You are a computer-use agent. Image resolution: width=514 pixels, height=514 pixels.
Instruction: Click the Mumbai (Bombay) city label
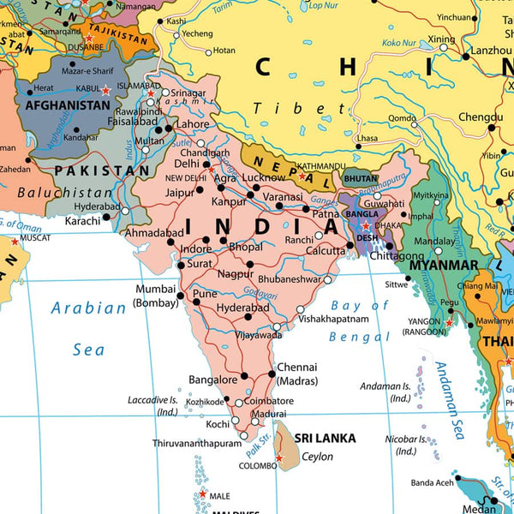click(155, 296)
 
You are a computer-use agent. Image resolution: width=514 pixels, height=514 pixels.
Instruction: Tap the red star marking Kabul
click(106, 90)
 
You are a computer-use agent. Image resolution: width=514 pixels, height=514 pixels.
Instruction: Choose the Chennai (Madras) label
click(297, 374)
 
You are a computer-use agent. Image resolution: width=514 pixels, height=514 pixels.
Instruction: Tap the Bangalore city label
click(212, 380)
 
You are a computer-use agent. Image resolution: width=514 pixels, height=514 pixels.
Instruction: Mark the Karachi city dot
click(106, 217)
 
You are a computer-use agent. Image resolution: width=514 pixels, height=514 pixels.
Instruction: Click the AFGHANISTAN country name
click(68, 105)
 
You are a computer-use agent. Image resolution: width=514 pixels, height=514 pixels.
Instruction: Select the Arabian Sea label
click(87, 328)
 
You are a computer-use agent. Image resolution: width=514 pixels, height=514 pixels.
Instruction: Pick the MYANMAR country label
click(443, 265)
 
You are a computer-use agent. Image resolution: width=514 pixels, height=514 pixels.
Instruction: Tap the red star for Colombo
click(278, 458)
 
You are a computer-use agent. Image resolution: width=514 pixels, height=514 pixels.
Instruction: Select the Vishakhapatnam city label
click(333, 319)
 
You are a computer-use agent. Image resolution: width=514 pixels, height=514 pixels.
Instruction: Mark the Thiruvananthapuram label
click(198, 443)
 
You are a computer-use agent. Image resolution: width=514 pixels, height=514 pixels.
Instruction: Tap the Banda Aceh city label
click(433, 481)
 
